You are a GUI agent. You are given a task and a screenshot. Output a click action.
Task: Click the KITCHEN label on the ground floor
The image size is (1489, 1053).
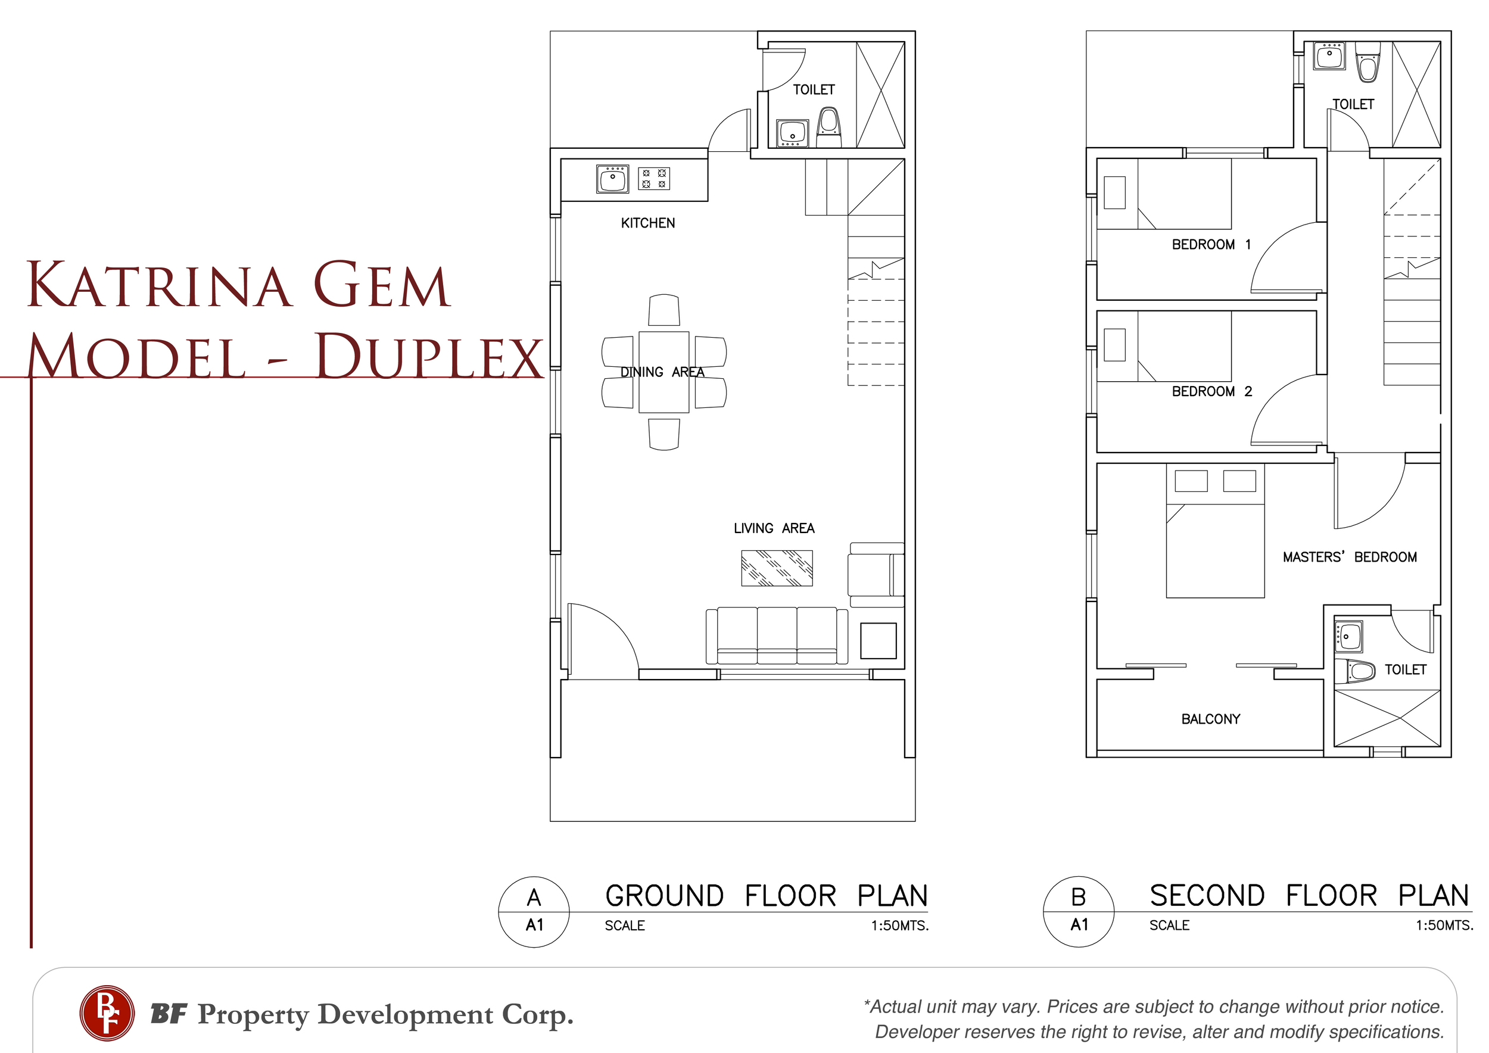648,223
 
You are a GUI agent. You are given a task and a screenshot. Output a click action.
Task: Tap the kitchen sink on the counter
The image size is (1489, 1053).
612,179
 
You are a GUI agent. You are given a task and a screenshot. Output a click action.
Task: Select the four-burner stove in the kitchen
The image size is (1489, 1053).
654,178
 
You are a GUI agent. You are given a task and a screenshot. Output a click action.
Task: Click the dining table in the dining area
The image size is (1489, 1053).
663,372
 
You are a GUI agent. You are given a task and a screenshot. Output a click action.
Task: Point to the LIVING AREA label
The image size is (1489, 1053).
774,528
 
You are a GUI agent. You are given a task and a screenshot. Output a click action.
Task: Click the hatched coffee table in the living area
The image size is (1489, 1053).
777,568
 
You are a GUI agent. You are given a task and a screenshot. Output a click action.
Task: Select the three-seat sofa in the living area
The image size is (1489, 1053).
777,635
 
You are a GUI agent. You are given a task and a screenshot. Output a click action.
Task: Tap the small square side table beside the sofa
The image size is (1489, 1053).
878,641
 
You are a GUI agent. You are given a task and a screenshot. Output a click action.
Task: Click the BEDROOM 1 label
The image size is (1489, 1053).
1211,244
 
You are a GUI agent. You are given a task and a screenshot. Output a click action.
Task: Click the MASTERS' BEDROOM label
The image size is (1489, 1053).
1350,556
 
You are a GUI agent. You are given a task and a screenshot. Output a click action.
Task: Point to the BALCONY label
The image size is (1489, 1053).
1210,719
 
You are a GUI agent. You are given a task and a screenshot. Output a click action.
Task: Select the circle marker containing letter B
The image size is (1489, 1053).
1079,912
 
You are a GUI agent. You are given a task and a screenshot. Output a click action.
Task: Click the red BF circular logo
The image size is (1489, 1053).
107,1013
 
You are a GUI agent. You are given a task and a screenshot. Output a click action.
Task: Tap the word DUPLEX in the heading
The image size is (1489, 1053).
429,356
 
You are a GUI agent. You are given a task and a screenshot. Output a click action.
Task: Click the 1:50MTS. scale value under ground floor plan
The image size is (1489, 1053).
899,926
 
